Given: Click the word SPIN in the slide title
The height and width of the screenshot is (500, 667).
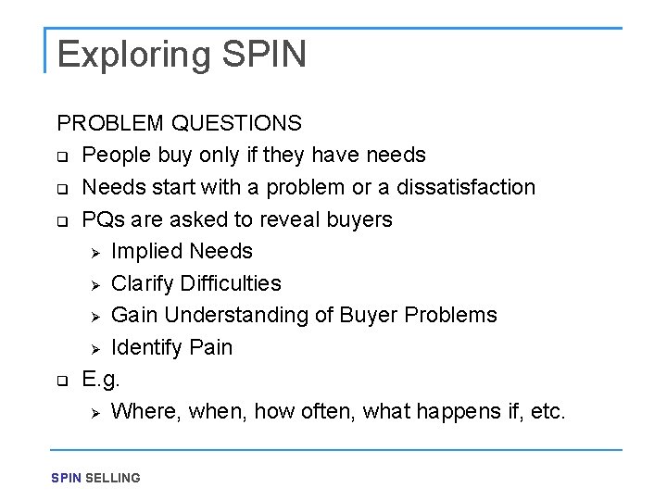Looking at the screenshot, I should [264, 55].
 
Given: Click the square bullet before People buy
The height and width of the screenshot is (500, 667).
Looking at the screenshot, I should [62, 156].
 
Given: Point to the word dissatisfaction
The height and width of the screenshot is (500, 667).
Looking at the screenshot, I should [466, 187].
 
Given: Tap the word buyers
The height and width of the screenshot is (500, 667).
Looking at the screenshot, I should [356, 219].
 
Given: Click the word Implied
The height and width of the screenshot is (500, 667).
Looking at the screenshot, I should [146, 251].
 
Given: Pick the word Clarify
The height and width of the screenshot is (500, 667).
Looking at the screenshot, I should [143, 283].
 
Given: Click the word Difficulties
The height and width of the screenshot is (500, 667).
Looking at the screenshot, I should [231, 283].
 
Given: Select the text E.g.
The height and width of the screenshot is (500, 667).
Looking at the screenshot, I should [101, 380].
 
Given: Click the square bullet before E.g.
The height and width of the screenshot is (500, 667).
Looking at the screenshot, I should [62, 380].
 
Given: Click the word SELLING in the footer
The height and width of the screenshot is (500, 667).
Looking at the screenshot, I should [113, 479].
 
